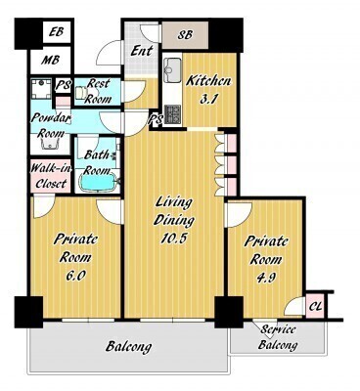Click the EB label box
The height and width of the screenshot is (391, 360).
57,32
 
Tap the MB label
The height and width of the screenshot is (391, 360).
50,61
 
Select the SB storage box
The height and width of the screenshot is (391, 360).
185,34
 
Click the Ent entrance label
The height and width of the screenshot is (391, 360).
142,51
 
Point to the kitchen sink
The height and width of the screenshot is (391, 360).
172,70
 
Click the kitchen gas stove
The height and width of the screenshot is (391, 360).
172,114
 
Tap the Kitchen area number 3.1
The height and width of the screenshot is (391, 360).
208,100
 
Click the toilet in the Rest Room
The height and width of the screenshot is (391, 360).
80,93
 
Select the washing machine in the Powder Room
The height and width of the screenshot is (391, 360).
41,89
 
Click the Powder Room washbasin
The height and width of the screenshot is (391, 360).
50,143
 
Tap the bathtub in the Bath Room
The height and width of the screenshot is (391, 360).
98,182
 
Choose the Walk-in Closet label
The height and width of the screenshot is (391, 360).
51,176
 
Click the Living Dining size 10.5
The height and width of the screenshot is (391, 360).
173,239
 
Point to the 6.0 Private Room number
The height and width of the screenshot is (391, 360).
75,276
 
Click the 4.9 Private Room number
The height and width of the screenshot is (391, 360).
266,278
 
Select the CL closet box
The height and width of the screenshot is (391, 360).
315,306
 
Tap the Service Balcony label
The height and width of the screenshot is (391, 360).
278,337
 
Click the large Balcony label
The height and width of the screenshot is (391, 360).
128,347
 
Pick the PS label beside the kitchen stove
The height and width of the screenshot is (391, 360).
156,120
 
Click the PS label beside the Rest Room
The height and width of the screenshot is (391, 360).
63,85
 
